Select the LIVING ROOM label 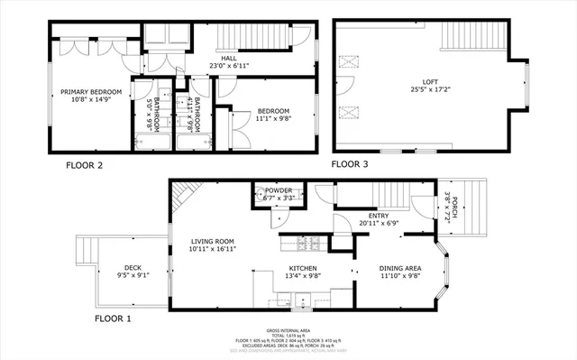pos(212,241)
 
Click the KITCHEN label pos(304,269)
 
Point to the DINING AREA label pos(400,269)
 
